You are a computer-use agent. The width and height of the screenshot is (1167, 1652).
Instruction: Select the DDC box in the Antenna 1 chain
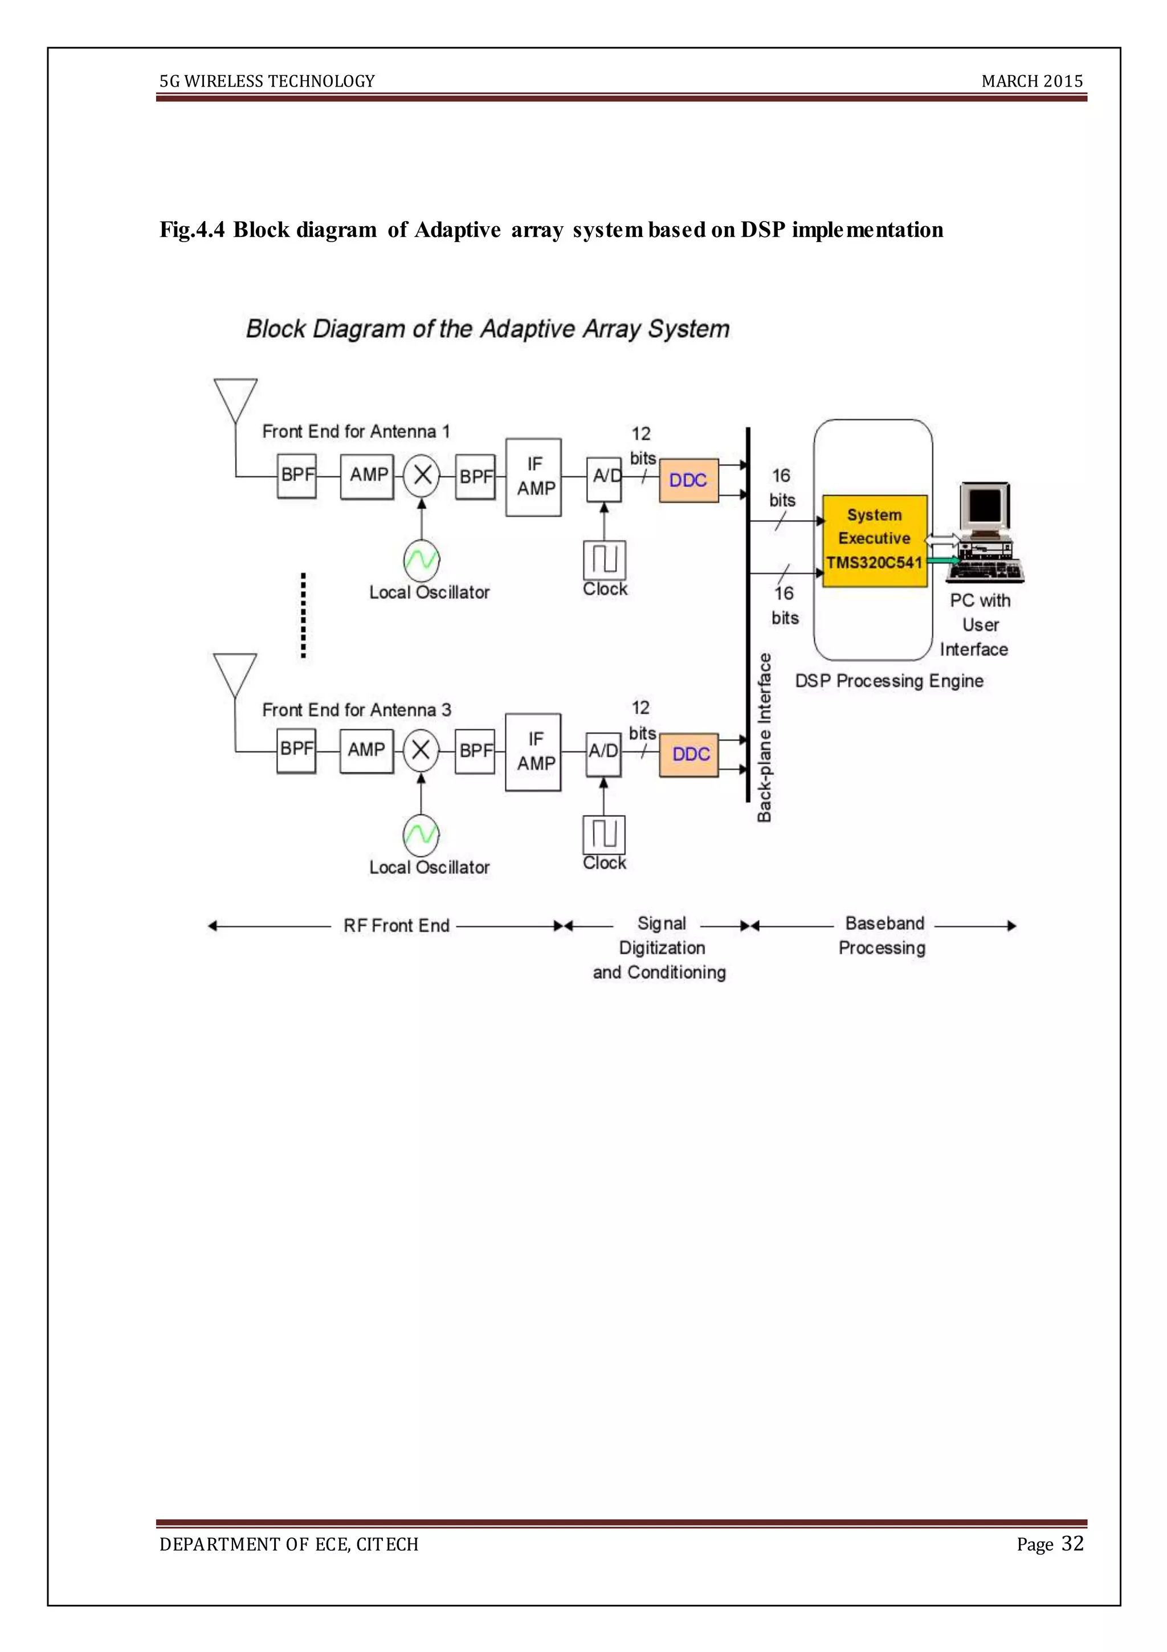click(x=688, y=480)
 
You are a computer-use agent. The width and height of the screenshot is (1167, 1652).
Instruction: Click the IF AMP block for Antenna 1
click(x=533, y=477)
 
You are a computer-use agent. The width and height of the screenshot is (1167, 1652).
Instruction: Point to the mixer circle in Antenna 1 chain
click(x=422, y=475)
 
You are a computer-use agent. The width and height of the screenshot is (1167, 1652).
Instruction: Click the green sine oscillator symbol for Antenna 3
click(x=421, y=834)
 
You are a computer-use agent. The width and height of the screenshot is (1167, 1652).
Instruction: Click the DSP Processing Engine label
click(x=888, y=681)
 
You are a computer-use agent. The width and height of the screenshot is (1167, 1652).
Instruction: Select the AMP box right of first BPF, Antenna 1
click(x=367, y=476)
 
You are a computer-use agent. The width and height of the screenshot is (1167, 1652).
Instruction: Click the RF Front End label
click(x=396, y=925)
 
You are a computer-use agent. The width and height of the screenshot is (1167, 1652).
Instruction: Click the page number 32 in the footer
click(x=1072, y=1543)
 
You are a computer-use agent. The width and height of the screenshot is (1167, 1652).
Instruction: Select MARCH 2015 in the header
click(x=1031, y=81)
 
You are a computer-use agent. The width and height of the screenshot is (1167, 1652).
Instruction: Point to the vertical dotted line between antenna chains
click(x=303, y=615)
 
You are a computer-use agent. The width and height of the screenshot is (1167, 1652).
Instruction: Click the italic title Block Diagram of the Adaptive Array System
click(x=487, y=329)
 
